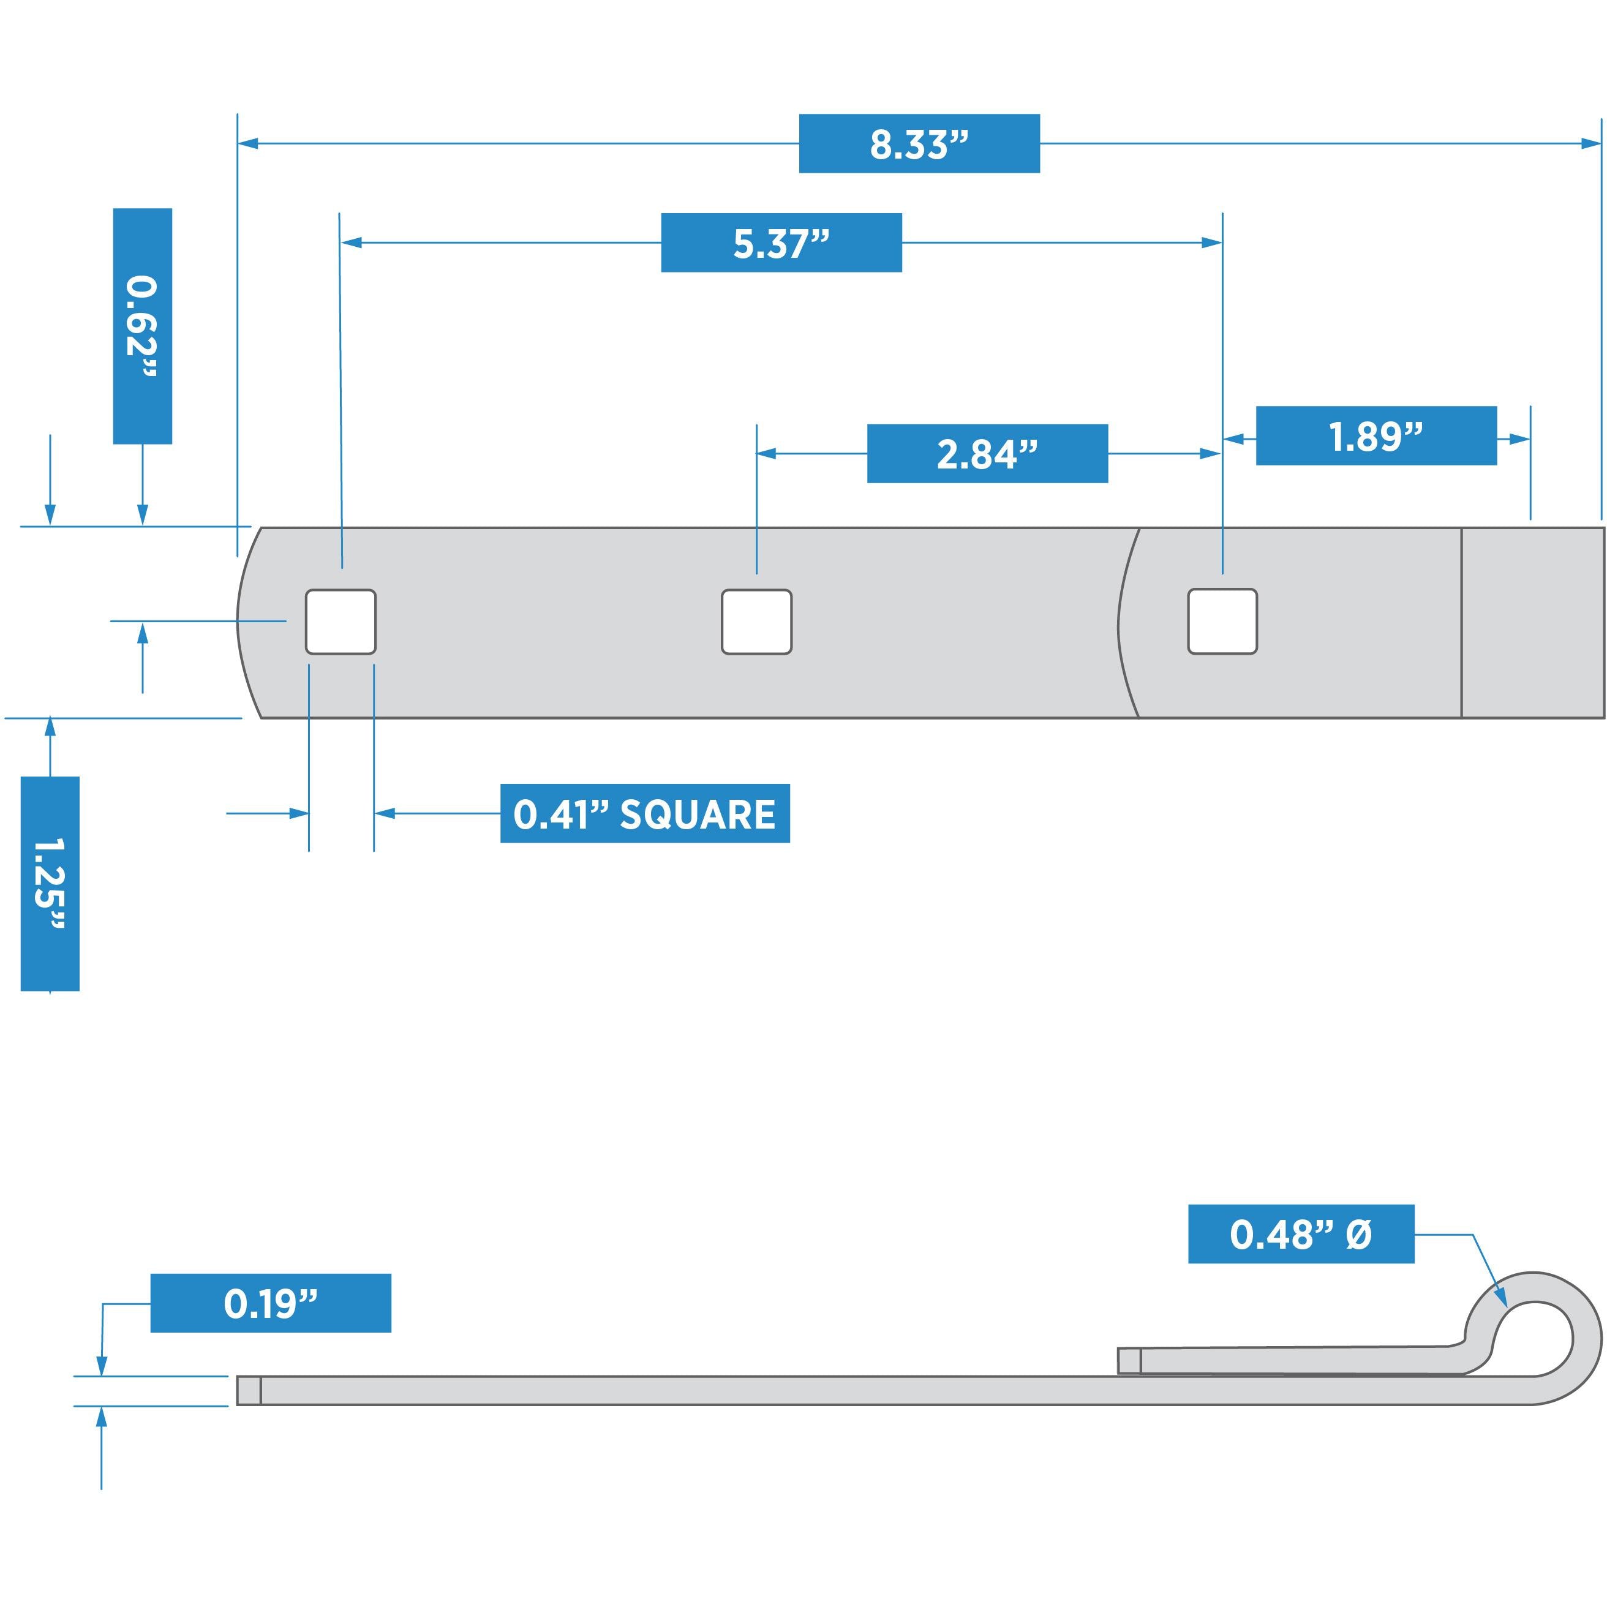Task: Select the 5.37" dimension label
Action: [781, 243]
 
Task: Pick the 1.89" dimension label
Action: [1376, 437]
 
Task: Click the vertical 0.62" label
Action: [142, 326]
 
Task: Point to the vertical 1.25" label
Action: [50, 883]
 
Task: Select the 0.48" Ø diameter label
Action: [1300, 1235]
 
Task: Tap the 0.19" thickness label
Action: [270, 1303]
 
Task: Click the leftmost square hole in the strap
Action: [341, 622]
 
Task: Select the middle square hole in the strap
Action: [756, 622]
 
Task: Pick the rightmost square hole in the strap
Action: [1222, 622]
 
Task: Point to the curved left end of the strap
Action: [243, 622]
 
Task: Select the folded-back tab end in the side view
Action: [1129, 1361]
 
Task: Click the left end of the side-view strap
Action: [249, 1391]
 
